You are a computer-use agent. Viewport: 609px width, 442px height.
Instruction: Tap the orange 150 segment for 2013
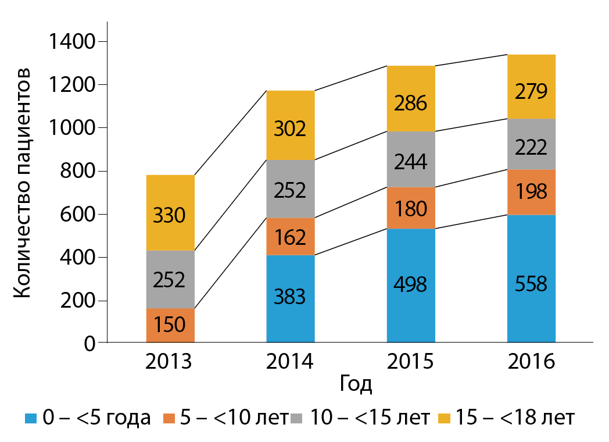pyautogui.click(x=170, y=325)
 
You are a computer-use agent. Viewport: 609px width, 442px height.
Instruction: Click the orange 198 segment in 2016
pyautogui.click(x=531, y=192)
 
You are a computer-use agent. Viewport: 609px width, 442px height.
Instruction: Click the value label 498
pyautogui.click(x=411, y=284)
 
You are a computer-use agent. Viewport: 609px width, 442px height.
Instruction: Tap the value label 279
pyautogui.click(x=531, y=92)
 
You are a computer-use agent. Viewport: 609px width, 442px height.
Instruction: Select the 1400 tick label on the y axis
pyautogui.click(x=71, y=42)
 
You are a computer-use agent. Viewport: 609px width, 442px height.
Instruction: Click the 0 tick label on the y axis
pyautogui.click(x=89, y=344)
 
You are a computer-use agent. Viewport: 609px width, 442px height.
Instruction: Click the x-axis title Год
pyautogui.click(x=355, y=384)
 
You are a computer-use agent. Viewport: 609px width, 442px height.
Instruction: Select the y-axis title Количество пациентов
pyautogui.click(x=22, y=183)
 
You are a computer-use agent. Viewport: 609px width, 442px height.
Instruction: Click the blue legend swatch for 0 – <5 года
pyautogui.click(x=31, y=418)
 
